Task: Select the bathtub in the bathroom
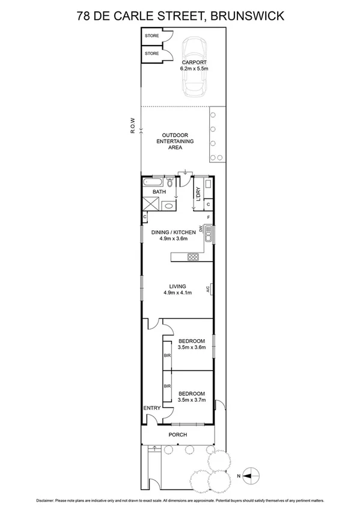click(x=154, y=182)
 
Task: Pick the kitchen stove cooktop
click(x=194, y=257)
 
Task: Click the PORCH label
click(x=178, y=435)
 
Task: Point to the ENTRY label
click(x=151, y=408)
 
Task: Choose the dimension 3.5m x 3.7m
click(x=192, y=399)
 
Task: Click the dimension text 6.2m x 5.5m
click(x=194, y=69)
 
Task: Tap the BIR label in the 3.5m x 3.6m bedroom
click(x=167, y=356)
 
